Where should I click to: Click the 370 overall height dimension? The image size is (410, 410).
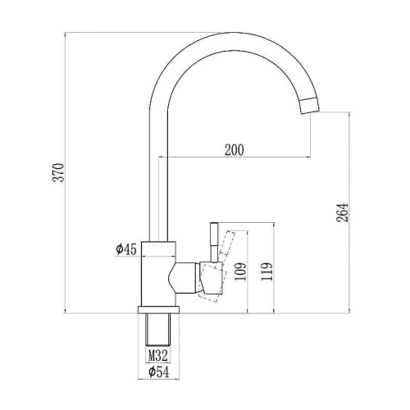click(x=58, y=172)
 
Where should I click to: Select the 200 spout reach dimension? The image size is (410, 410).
click(x=234, y=150)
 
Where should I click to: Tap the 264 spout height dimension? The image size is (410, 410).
click(x=343, y=212)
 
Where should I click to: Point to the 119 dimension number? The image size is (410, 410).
click(x=266, y=271)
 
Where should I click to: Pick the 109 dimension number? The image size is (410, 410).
click(x=240, y=271)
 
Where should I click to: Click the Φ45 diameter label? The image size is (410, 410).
click(x=125, y=249)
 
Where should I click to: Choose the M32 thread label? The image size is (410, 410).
click(x=157, y=356)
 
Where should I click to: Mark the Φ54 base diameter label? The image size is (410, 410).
click(x=158, y=372)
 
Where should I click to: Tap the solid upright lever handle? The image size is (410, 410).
click(x=214, y=242)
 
